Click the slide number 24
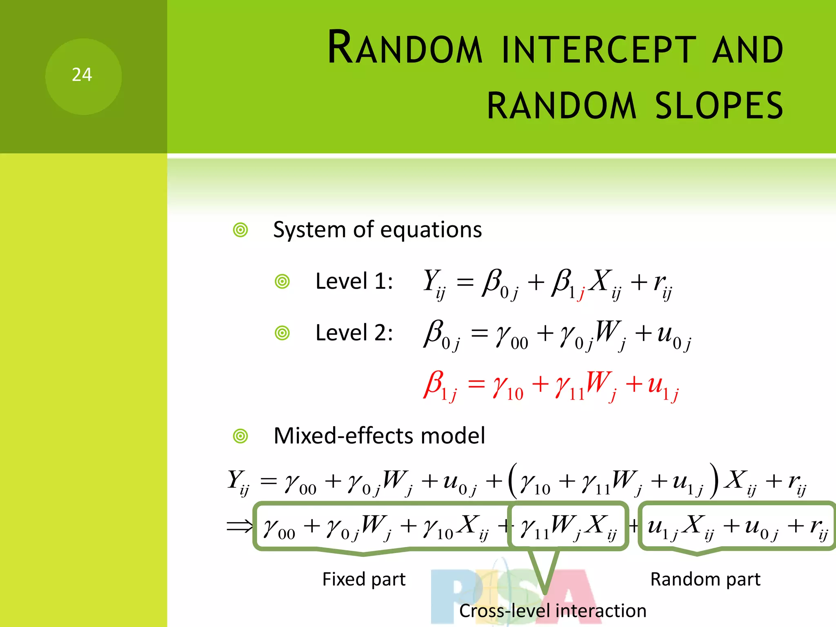click(x=82, y=75)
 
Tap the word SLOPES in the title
click(x=719, y=106)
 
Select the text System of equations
click(x=377, y=230)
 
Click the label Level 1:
click(x=354, y=281)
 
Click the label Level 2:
click(x=354, y=333)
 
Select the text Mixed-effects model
click(x=379, y=436)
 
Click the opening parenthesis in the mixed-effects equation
click(x=513, y=480)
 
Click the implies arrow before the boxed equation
click(x=240, y=526)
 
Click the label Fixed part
click(x=364, y=579)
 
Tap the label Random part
click(x=705, y=579)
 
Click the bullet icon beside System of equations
click(x=240, y=230)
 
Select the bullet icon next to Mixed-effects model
click(x=240, y=436)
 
